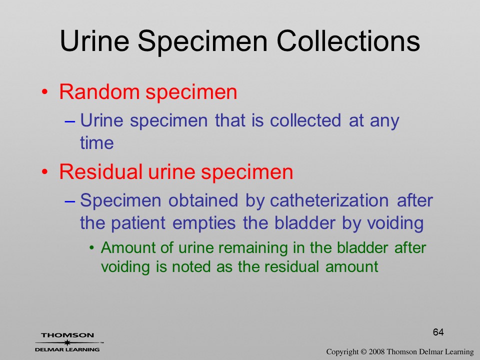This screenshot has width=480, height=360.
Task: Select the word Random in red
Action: pyautogui.click(x=99, y=91)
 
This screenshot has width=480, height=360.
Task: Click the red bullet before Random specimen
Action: pyautogui.click(x=45, y=92)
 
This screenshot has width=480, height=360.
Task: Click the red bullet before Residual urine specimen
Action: pyautogui.click(x=45, y=171)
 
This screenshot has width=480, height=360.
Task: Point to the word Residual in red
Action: pyautogui.click(x=100, y=171)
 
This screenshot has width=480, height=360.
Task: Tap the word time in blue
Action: pyautogui.click(x=96, y=142)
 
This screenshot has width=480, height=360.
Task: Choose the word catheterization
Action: pyautogui.click(x=329, y=200)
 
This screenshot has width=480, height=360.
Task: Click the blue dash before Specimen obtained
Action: pyautogui.click(x=70, y=201)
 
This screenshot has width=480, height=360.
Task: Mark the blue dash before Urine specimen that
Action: pyautogui.click(x=70, y=121)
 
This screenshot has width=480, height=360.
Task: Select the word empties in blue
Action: pyautogui.click(x=204, y=223)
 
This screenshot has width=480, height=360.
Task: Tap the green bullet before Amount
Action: pyautogui.click(x=91, y=247)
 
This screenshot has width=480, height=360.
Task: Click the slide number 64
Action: pyautogui.click(x=438, y=332)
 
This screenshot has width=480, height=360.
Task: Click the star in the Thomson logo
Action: pyautogui.click(x=67, y=342)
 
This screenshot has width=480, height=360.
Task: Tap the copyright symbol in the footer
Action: pyautogui.click(x=363, y=351)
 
